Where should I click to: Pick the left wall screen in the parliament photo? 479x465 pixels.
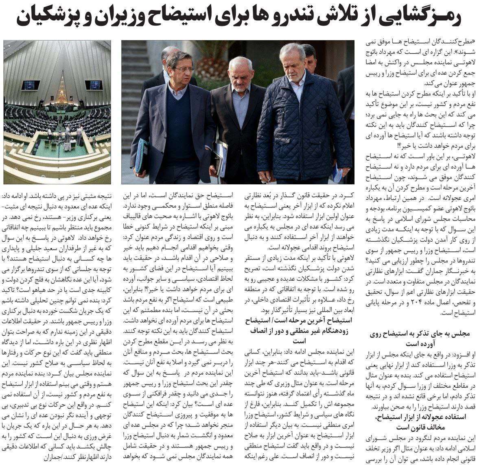coord(28,85)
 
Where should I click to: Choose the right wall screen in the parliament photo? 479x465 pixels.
coord(93,85)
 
